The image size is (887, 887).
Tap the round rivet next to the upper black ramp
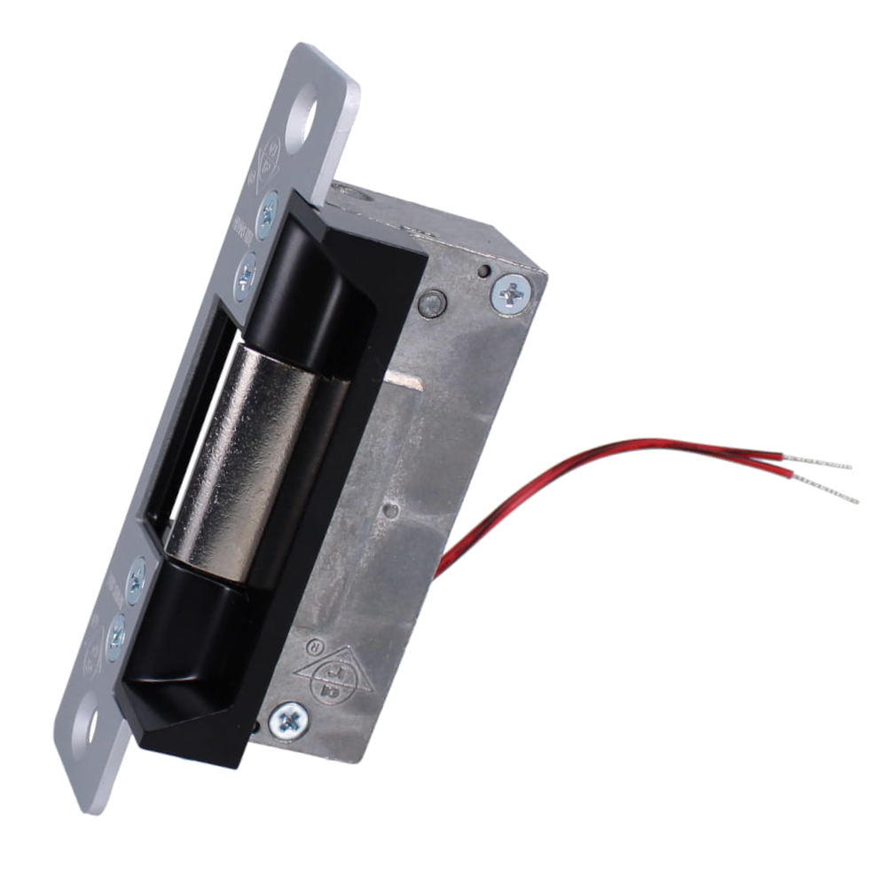(x=431, y=303)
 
